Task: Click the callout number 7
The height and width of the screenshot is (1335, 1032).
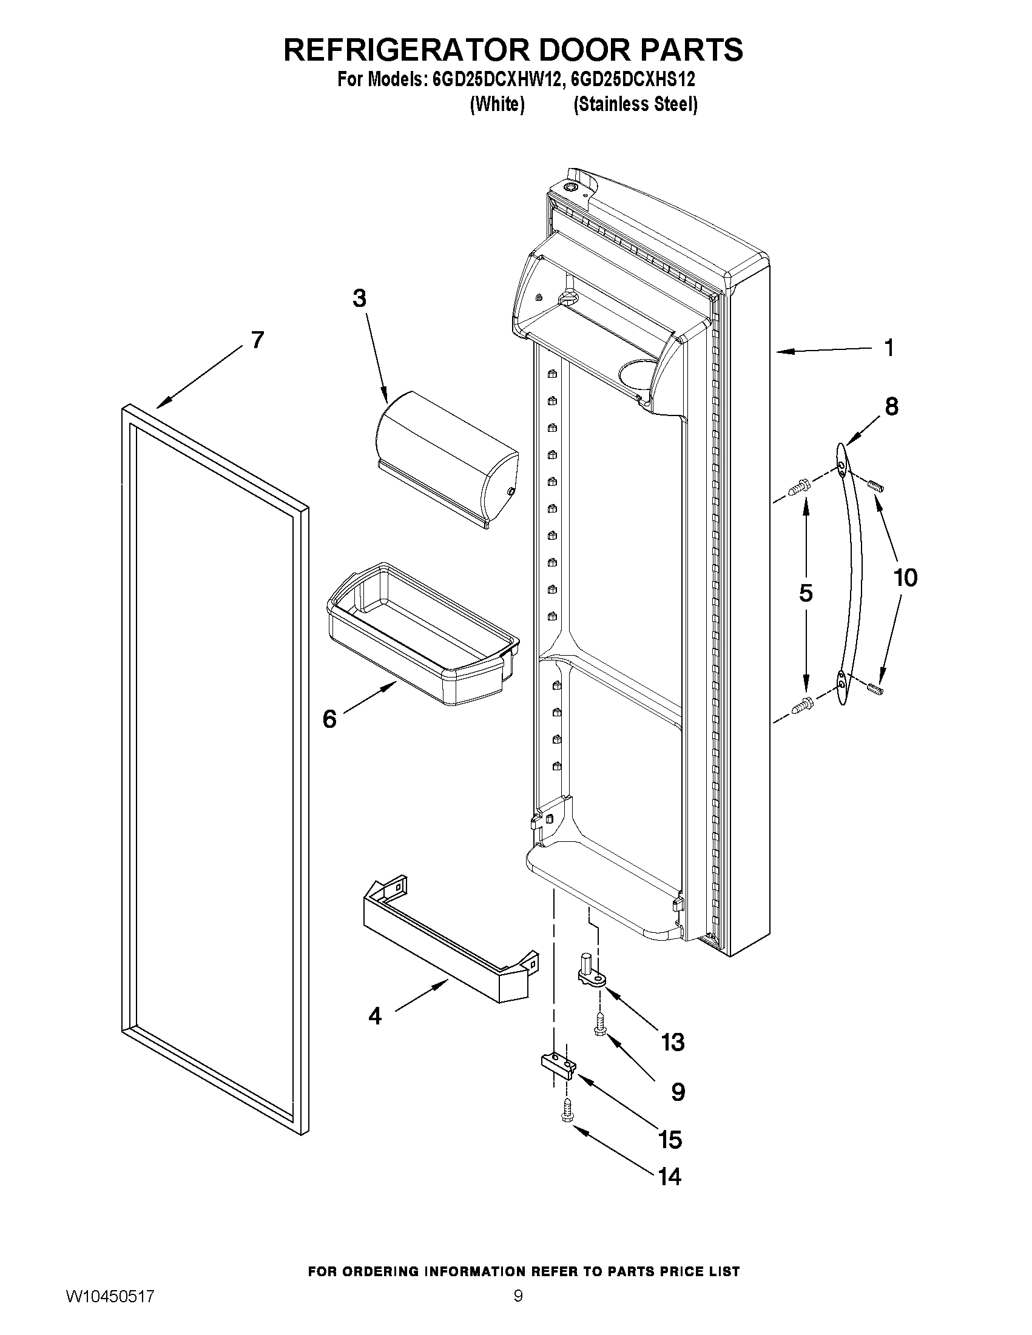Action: (257, 340)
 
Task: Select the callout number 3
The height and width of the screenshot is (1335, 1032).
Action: (360, 299)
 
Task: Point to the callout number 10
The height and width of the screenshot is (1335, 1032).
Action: (905, 577)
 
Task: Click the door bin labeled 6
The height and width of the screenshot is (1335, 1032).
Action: (422, 636)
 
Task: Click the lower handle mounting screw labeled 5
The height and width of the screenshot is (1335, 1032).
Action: (801, 706)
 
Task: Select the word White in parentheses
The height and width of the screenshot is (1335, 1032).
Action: (497, 104)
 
